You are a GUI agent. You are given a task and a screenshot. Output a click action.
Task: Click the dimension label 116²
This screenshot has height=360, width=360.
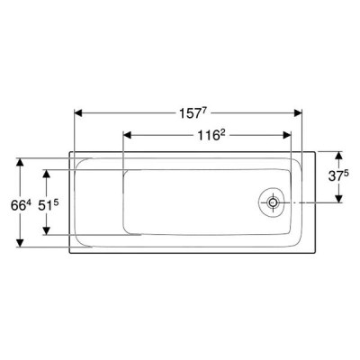pyautogui.click(x=211, y=136)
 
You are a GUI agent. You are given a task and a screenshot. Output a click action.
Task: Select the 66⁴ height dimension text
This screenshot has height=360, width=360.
pyautogui.click(x=21, y=205)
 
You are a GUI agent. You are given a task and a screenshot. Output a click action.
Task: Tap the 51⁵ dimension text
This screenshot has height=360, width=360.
pyautogui.click(x=48, y=205)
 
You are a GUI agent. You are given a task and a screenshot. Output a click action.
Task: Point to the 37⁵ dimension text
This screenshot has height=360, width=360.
pyautogui.click(x=338, y=176)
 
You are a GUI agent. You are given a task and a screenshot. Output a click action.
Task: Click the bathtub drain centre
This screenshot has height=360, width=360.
pyautogui.click(x=273, y=202)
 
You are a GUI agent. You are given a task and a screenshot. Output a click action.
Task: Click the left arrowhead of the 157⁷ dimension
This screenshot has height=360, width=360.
pyautogui.click(x=78, y=113)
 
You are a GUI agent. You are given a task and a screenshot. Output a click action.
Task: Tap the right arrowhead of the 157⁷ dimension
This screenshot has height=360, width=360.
pyautogui.click(x=298, y=113)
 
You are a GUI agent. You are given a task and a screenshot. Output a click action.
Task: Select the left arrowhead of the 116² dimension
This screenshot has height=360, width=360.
pyautogui.click(x=128, y=135)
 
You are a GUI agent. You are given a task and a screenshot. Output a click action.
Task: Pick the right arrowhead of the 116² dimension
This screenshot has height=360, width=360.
pyautogui.click(x=287, y=135)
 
